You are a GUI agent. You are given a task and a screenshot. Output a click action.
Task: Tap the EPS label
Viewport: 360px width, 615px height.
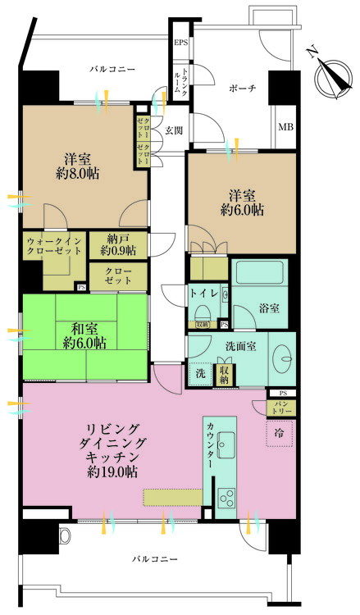(x=180, y=43)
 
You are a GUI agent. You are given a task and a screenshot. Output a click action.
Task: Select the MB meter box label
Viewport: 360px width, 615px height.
(x=285, y=126)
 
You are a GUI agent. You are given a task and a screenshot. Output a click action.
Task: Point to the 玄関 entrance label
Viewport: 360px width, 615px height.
(x=173, y=130)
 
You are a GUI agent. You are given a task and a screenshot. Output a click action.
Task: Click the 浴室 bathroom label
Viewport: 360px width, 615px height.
(x=270, y=307)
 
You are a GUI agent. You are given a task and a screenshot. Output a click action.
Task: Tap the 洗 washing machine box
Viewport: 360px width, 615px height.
(x=201, y=374)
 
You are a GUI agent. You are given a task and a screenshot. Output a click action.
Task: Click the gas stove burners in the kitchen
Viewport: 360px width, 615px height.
(x=227, y=496)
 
